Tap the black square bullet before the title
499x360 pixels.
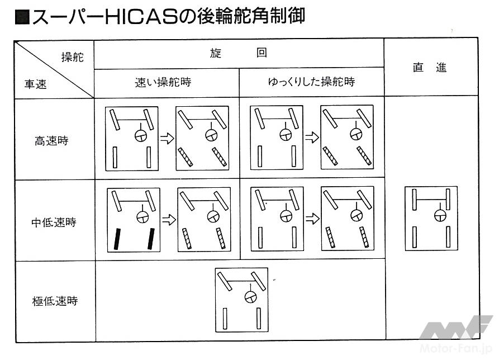pos(22,17)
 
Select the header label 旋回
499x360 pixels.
pos(239,53)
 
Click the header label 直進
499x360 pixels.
pos(430,68)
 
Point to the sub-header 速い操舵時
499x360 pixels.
pos(163,82)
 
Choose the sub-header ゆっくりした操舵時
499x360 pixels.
pos(312,82)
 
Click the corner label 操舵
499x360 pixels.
pos(73,57)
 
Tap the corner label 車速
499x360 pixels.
pos(36,84)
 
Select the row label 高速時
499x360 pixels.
pos(51,140)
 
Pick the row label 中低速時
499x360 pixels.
pos(54,222)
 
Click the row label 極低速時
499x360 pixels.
pos(55,301)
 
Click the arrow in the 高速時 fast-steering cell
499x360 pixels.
pos(167,139)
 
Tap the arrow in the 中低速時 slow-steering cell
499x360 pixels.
pos(312,219)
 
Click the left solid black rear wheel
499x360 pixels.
pos(117,239)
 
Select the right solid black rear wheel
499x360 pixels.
pos(151,239)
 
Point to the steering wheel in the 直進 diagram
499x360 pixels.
pos(440,215)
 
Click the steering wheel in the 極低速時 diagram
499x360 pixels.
pos(251,297)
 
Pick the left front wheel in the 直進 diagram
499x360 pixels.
pos(414,200)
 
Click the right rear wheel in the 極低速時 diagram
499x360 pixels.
pos(259,318)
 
